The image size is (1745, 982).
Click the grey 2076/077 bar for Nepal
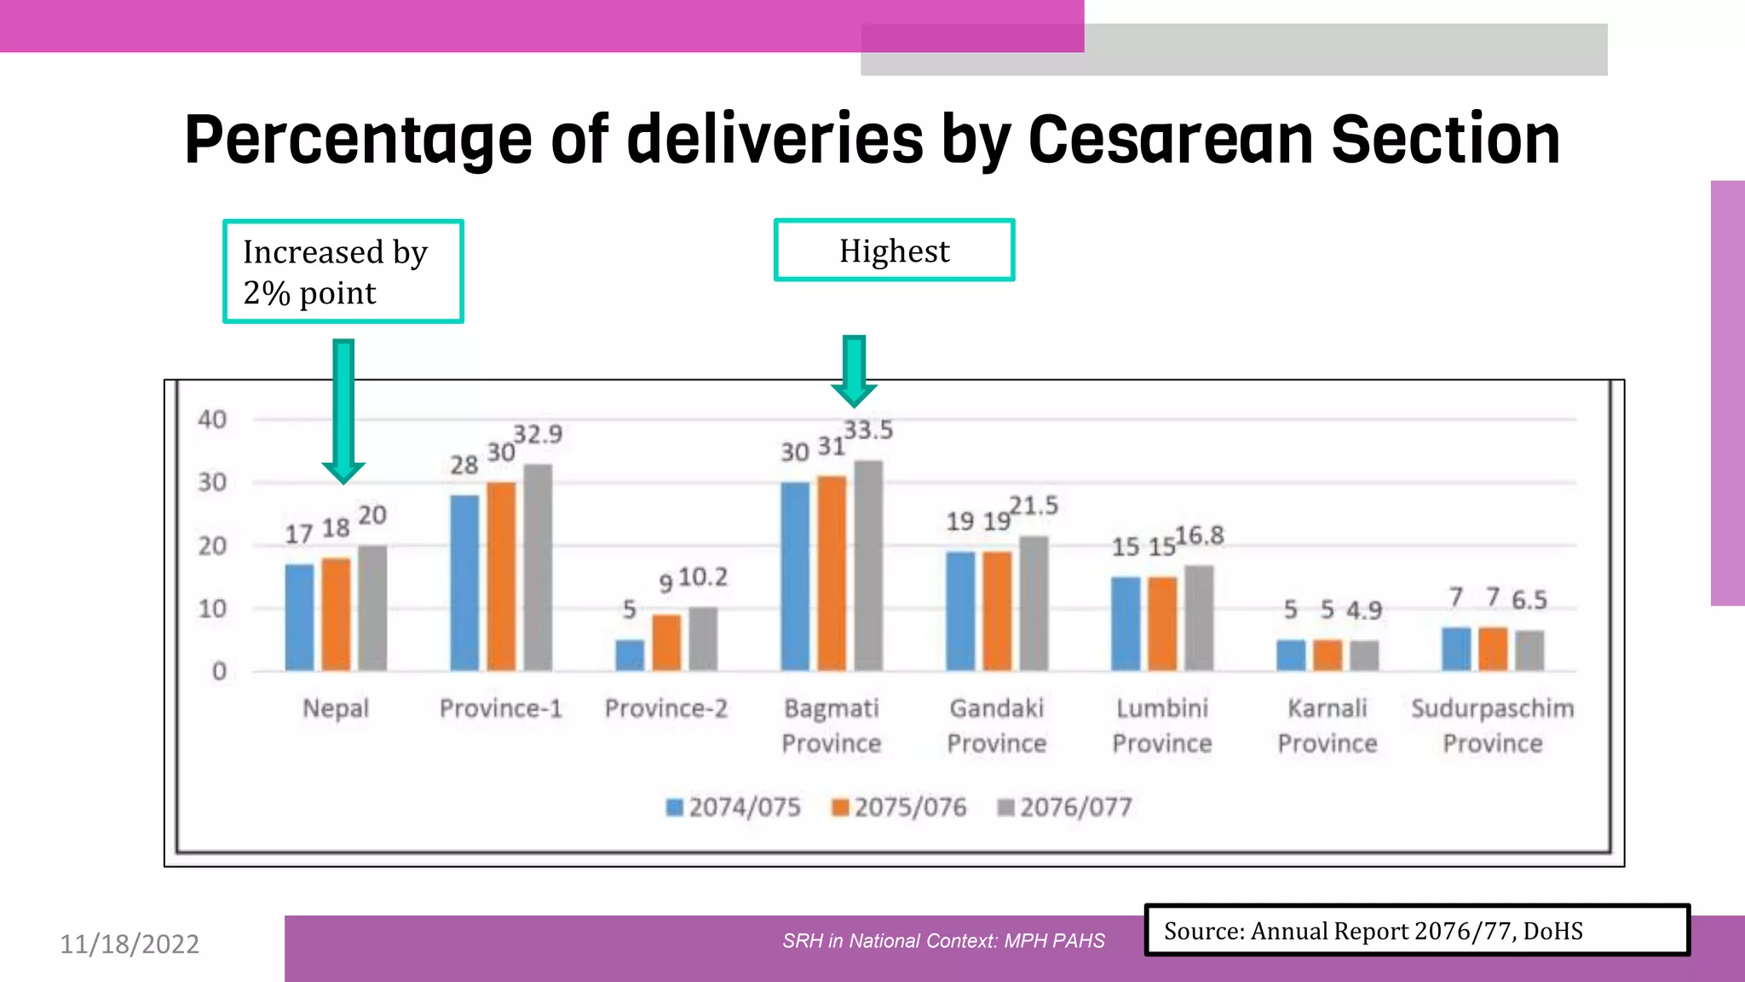(372, 608)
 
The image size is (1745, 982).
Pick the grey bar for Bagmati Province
(868, 565)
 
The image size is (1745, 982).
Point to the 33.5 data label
(868, 430)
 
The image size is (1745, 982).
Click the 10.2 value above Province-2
(703, 578)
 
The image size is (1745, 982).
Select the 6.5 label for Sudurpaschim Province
(1529, 600)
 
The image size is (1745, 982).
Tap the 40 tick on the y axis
(212, 419)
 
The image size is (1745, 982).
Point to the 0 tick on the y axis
(219, 672)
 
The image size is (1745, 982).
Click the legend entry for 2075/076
(899, 807)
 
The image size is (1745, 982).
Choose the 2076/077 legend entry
(1065, 807)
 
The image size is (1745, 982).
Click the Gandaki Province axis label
(997, 725)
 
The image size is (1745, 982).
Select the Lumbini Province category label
(1162, 725)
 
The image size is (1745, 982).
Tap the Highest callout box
(894, 251)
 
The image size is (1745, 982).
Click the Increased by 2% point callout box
(343, 272)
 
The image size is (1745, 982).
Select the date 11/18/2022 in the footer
(130, 944)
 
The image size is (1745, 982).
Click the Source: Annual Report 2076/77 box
(1416, 931)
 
